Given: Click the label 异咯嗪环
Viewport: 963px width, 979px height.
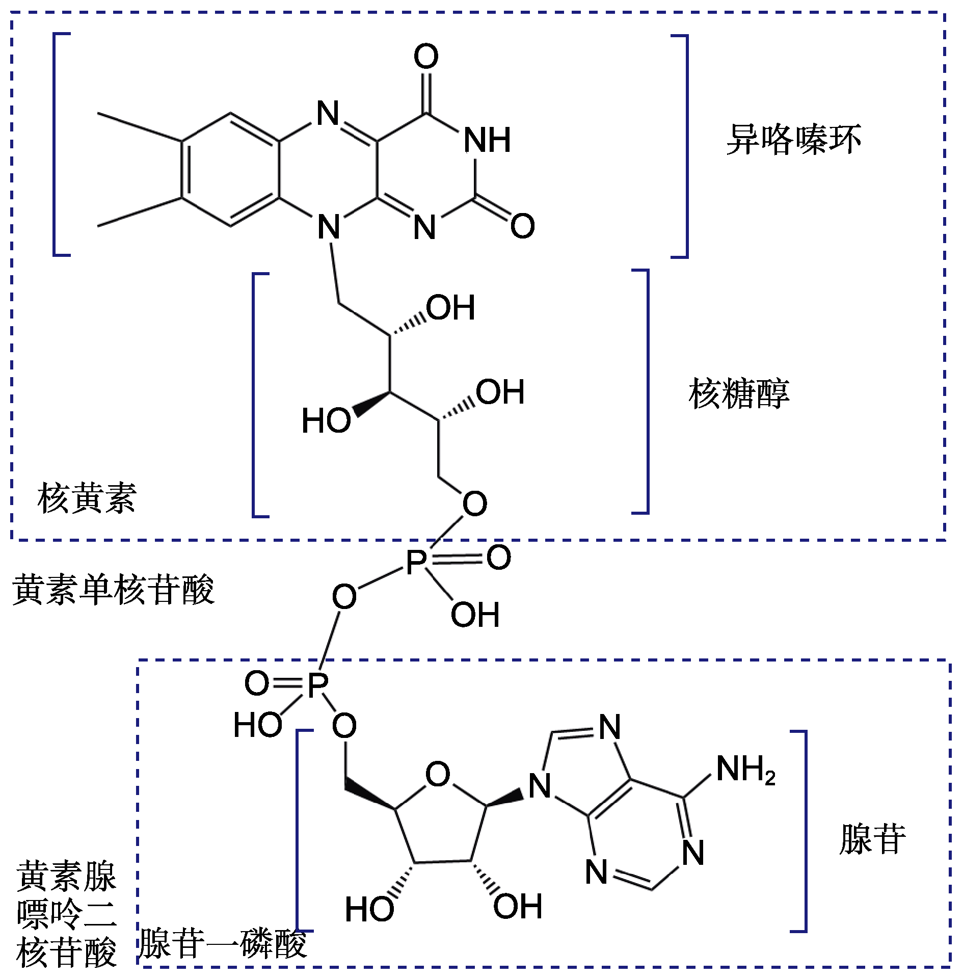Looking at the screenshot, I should [793, 139].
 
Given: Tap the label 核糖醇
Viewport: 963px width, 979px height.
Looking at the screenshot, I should [738, 394].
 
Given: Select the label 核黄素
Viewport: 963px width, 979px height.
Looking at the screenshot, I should [87, 498].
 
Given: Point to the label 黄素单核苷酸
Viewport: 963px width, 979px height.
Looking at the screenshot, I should [113, 590].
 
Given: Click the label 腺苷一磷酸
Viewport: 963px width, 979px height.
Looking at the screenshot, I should [223, 943].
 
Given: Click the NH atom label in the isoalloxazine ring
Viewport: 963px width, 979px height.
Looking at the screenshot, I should [487, 140].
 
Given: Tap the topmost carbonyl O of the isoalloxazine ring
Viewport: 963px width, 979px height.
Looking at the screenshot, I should [426, 56].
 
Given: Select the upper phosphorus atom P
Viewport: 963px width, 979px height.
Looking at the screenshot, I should [416, 562].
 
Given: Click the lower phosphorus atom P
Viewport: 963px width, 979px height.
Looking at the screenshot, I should [318, 684].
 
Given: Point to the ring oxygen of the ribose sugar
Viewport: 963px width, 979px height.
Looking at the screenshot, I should [438, 775].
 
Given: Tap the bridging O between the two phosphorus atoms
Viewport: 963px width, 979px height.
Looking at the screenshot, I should [344, 597].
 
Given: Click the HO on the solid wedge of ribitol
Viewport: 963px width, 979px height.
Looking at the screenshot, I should [326, 420].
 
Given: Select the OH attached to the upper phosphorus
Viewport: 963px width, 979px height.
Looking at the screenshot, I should [475, 615].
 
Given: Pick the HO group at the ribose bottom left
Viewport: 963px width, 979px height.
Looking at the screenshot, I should [369, 909].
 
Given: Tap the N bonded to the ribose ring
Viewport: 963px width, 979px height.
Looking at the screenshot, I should [540, 786].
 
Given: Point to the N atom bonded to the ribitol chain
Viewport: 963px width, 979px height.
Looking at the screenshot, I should [329, 227].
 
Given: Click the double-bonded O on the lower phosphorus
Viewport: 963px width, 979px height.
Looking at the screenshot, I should [257, 683].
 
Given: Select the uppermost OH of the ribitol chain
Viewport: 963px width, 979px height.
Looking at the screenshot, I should [450, 307].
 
